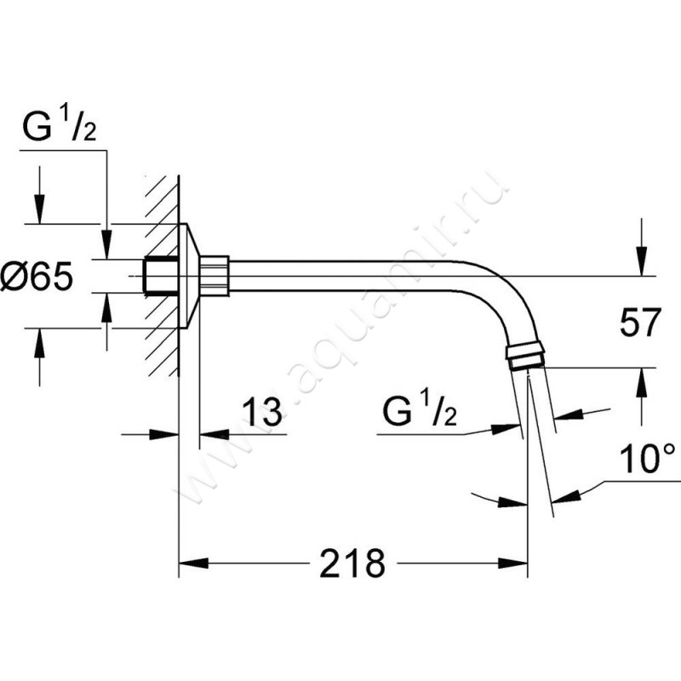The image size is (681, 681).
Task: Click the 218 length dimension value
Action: pyautogui.click(x=352, y=564)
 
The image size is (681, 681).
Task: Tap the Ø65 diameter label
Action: pyautogui.click(x=37, y=277)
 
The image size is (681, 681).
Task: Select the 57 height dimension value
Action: pyautogui.click(x=640, y=323)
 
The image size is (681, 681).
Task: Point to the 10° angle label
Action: pyautogui.click(x=648, y=459)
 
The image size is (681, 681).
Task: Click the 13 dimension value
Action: pyautogui.click(x=262, y=411)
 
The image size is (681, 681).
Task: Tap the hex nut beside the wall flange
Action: pyautogui.click(x=214, y=276)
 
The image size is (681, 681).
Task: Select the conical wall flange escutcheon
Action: pyautogui.click(x=189, y=276)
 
